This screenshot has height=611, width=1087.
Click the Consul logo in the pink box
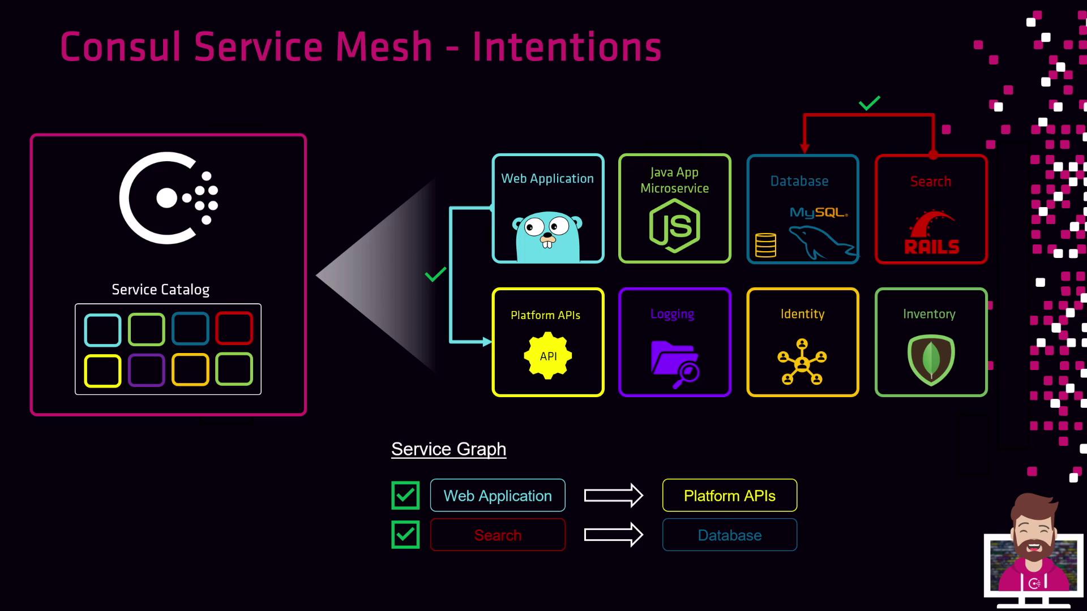tap(168, 198)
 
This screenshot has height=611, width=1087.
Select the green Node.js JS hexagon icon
tap(674, 226)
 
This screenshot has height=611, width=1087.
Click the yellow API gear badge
tap(547, 356)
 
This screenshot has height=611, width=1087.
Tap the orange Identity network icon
tap(802, 362)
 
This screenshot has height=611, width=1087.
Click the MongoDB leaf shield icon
tap(931, 360)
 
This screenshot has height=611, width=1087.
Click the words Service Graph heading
tap(448, 449)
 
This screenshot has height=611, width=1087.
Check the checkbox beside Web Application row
tap(405, 496)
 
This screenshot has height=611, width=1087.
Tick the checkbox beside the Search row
tap(405, 535)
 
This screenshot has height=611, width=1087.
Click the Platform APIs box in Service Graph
tap(729, 496)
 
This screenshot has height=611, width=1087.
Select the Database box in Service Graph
tap(729, 535)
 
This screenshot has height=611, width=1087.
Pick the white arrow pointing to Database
tap(614, 535)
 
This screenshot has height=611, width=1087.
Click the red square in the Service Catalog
tap(234, 328)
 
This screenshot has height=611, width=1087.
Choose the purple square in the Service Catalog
tap(146, 370)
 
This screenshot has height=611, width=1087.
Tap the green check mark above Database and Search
tap(869, 103)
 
